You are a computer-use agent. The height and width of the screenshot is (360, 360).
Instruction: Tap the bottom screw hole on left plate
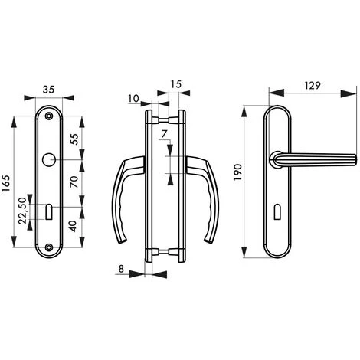tap(50, 247)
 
